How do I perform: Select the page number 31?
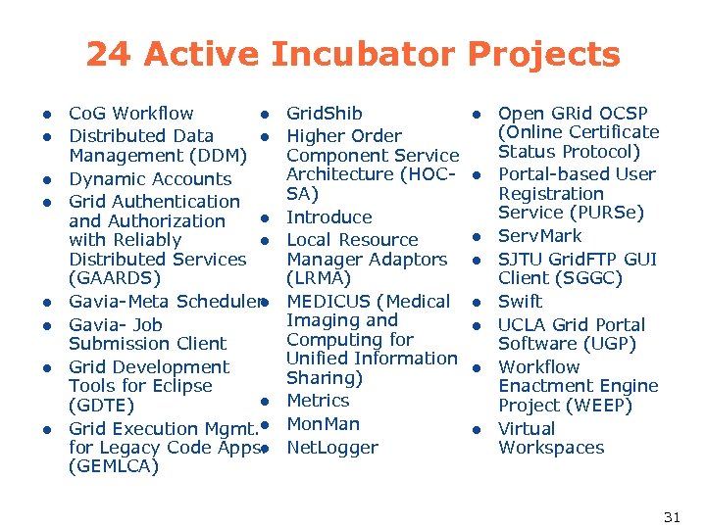tap(672, 516)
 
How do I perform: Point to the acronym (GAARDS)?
tap(115, 278)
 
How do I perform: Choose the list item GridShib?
tap(324, 114)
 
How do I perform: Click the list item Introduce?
tap(328, 217)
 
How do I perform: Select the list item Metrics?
tap(318, 401)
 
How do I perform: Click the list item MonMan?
tap(323, 424)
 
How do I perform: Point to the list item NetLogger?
tap(331, 448)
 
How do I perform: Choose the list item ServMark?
tap(539, 236)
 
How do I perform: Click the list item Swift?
tap(520, 302)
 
